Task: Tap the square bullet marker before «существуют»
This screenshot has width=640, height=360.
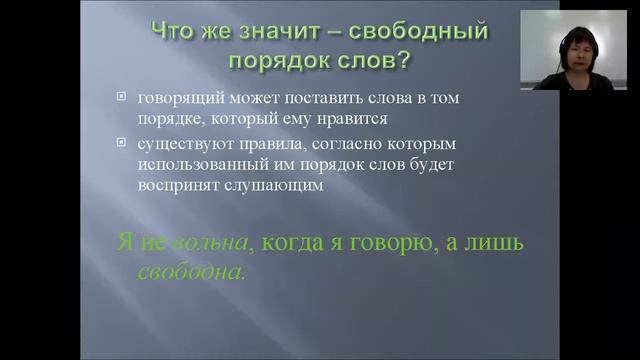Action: [121, 146]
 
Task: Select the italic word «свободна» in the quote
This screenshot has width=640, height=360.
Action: [191, 271]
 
